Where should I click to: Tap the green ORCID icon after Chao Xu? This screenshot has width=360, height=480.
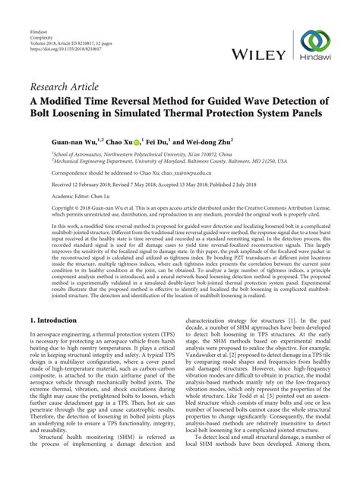point(115,141)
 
